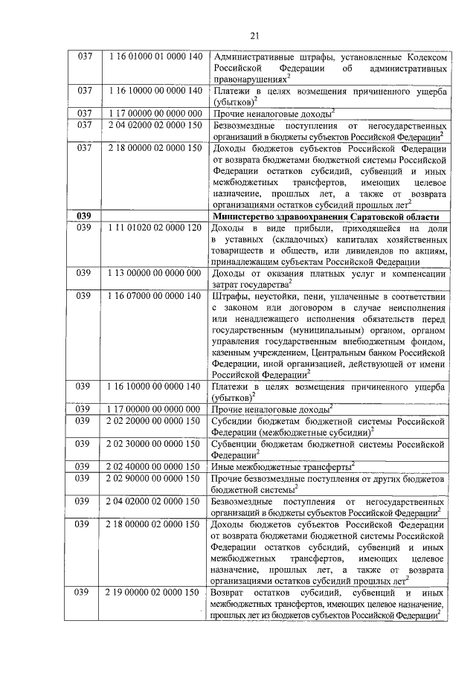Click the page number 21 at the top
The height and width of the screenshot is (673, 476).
tap(254, 35)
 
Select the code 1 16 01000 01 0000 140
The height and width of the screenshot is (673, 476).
tap(155, 57)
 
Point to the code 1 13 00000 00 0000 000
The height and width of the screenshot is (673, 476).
tap(155, 273)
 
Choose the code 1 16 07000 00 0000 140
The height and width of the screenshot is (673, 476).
tap(155, 295)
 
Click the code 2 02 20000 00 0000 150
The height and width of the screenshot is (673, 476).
tap(155, 420)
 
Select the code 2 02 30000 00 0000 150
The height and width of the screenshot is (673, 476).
tap(155, 443)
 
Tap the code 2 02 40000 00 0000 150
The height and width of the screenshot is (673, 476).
tap(155, 466)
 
